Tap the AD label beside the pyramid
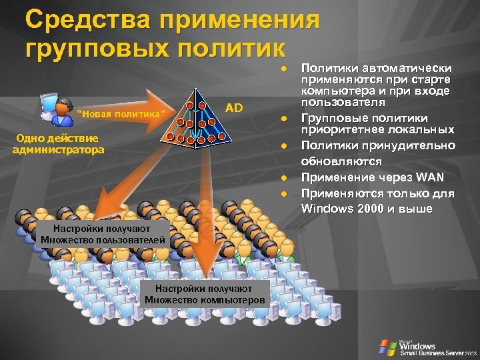(x=234, y=107)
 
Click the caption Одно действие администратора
(x=59, y=144)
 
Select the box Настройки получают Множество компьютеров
(x=206, y=294)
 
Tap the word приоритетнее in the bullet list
(x=342, y=129)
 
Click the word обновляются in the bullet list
(x=341, y=161)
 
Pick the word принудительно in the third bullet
(x=407, y=145)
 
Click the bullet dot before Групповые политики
(x=283, y=118)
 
